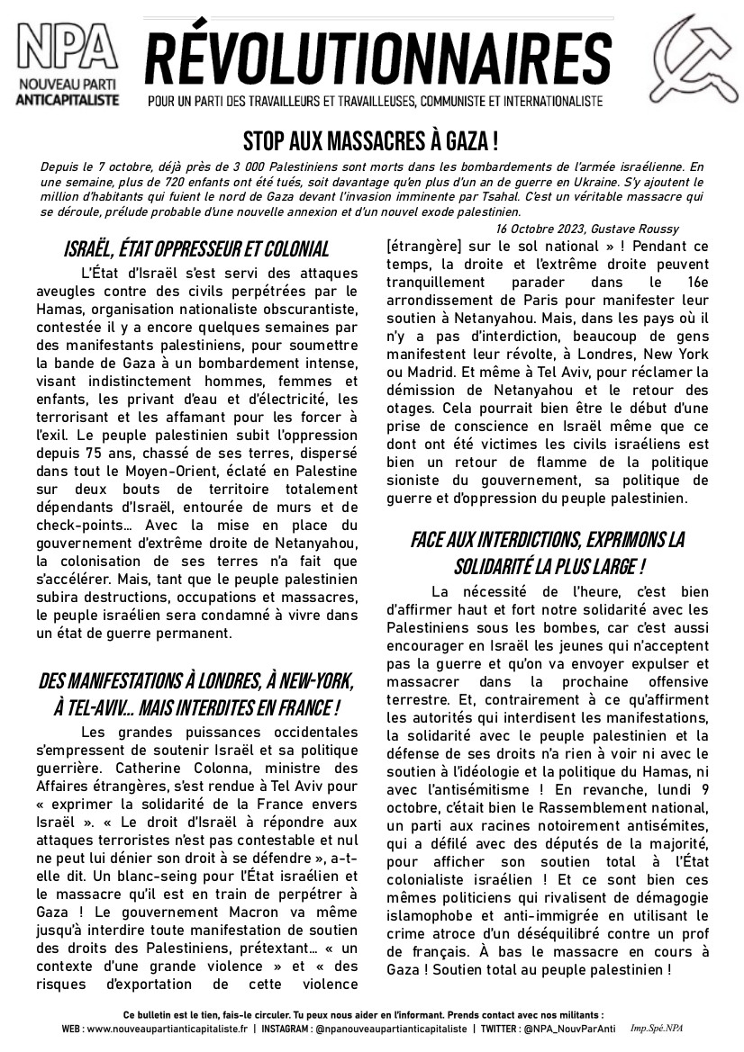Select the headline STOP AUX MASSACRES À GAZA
pos(371,141)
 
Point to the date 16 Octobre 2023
pos(540,229)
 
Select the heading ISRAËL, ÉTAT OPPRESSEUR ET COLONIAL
pos(196,249)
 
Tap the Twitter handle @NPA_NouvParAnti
pos(578,1028)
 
